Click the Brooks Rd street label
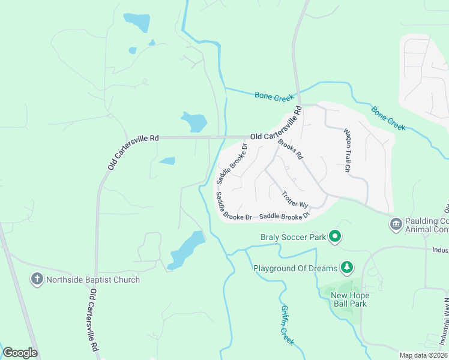pos(291,149)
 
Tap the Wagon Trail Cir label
pos(346,150)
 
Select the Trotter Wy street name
pos(295,200)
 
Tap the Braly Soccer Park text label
pos(293,237)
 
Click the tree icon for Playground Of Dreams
pos(346,267)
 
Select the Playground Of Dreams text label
pos(295,268)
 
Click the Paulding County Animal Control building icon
pos(396,224)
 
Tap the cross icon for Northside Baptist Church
pos(37,279)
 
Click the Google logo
pos(20,353)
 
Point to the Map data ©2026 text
pos(423,355)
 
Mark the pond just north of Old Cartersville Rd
pos(194,122)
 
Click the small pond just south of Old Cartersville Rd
pos(167,161)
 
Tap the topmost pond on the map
pos(137,22)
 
